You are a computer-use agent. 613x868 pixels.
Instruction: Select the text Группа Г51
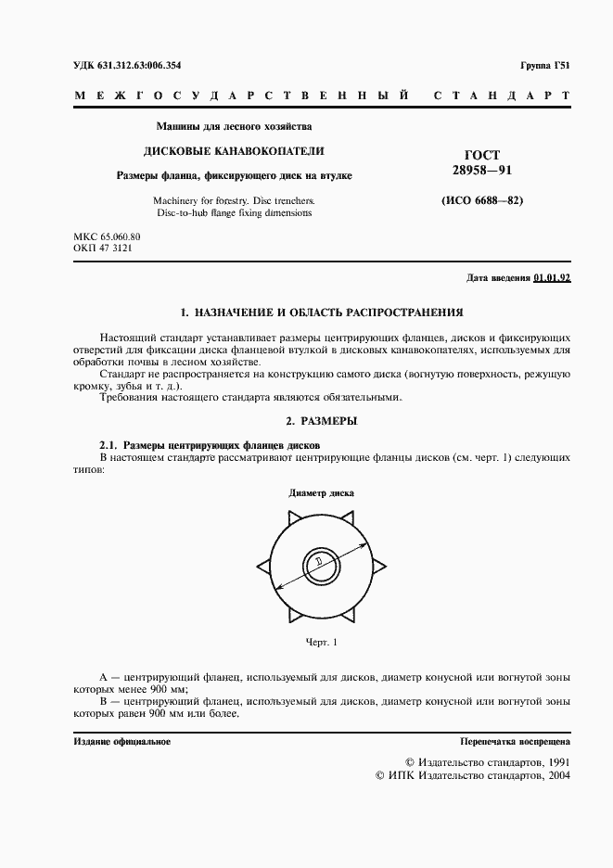(x=545, y=65)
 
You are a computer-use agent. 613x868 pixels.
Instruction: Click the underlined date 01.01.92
(x=552, y=278)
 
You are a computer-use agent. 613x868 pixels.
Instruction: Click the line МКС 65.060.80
(x=107, y=237)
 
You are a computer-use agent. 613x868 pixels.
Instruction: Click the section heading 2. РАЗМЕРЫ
(x=321, y=421)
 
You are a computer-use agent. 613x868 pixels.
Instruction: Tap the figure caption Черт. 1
(x=321, y=642)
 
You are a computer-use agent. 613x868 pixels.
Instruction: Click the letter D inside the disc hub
(x=318, y=563)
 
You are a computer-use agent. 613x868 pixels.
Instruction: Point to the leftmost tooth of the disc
(x=262, y=563)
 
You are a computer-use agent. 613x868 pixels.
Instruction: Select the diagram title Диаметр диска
(x=321, y=493)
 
